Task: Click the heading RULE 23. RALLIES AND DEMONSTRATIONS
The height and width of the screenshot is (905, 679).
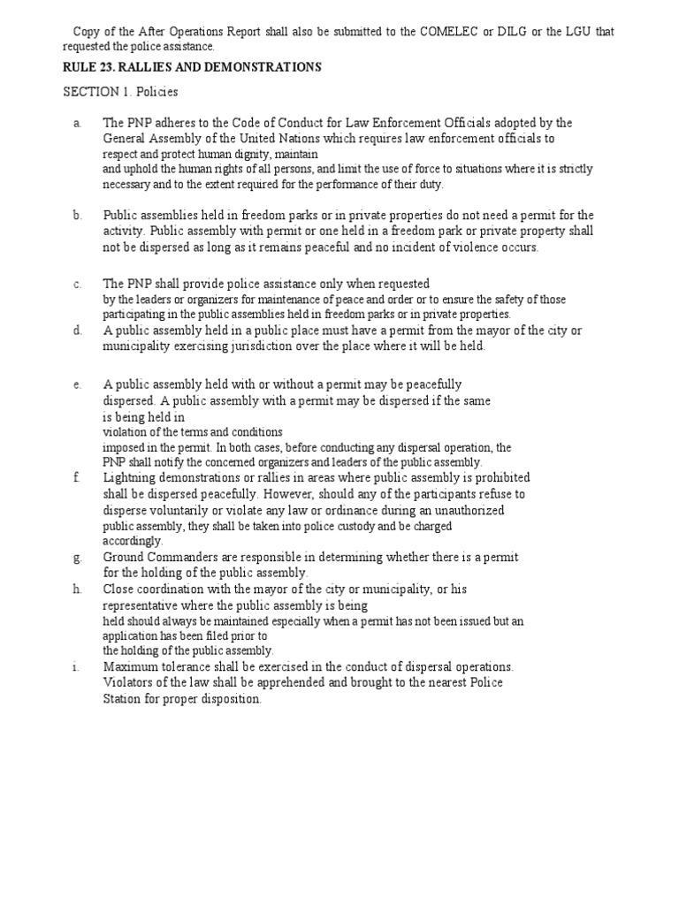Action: tap(192, 67)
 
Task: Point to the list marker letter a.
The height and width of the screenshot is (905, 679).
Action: tap(78, 123)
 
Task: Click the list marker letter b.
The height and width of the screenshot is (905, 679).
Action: tap(78, 215)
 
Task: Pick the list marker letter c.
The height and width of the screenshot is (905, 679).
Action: tap(78, 284)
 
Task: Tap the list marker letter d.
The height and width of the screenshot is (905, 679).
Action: tap(78, 331)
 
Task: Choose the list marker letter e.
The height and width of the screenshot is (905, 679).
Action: tap(78, 384)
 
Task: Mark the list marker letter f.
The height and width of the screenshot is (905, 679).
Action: tap(78, 477)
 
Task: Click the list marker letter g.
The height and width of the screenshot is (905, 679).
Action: tap(78, 557)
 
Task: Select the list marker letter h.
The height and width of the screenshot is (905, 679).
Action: tap(78, 588)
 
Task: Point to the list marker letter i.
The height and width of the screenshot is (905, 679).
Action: tap(77, 666)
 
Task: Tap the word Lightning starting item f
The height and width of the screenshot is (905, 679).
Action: tap(133, 478)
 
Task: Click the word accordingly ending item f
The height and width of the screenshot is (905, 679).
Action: tap(133, 540)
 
